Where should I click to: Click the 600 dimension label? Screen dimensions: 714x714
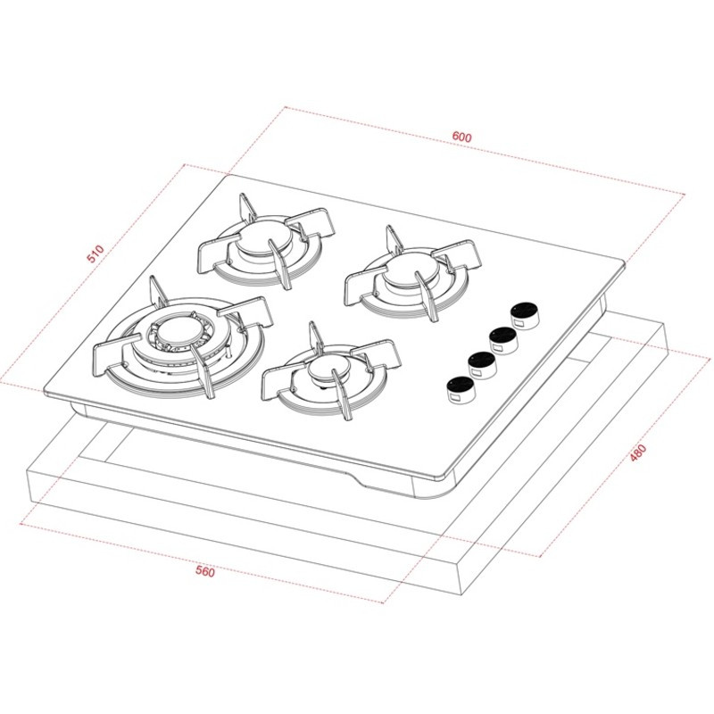click(x=461, y=137)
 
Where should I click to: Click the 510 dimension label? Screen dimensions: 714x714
click(x=95, y=254)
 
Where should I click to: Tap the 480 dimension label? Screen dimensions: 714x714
click(x=637, y=452)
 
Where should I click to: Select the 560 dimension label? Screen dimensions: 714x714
click(x=205, y=572)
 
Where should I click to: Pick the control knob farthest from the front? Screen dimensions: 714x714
click(x=524, y=313)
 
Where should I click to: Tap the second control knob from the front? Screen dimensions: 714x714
click(x=482, y=362)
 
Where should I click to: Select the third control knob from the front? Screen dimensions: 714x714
click(x=504, y=338)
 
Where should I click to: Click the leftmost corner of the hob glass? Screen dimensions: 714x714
click(x=44, y=390)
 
